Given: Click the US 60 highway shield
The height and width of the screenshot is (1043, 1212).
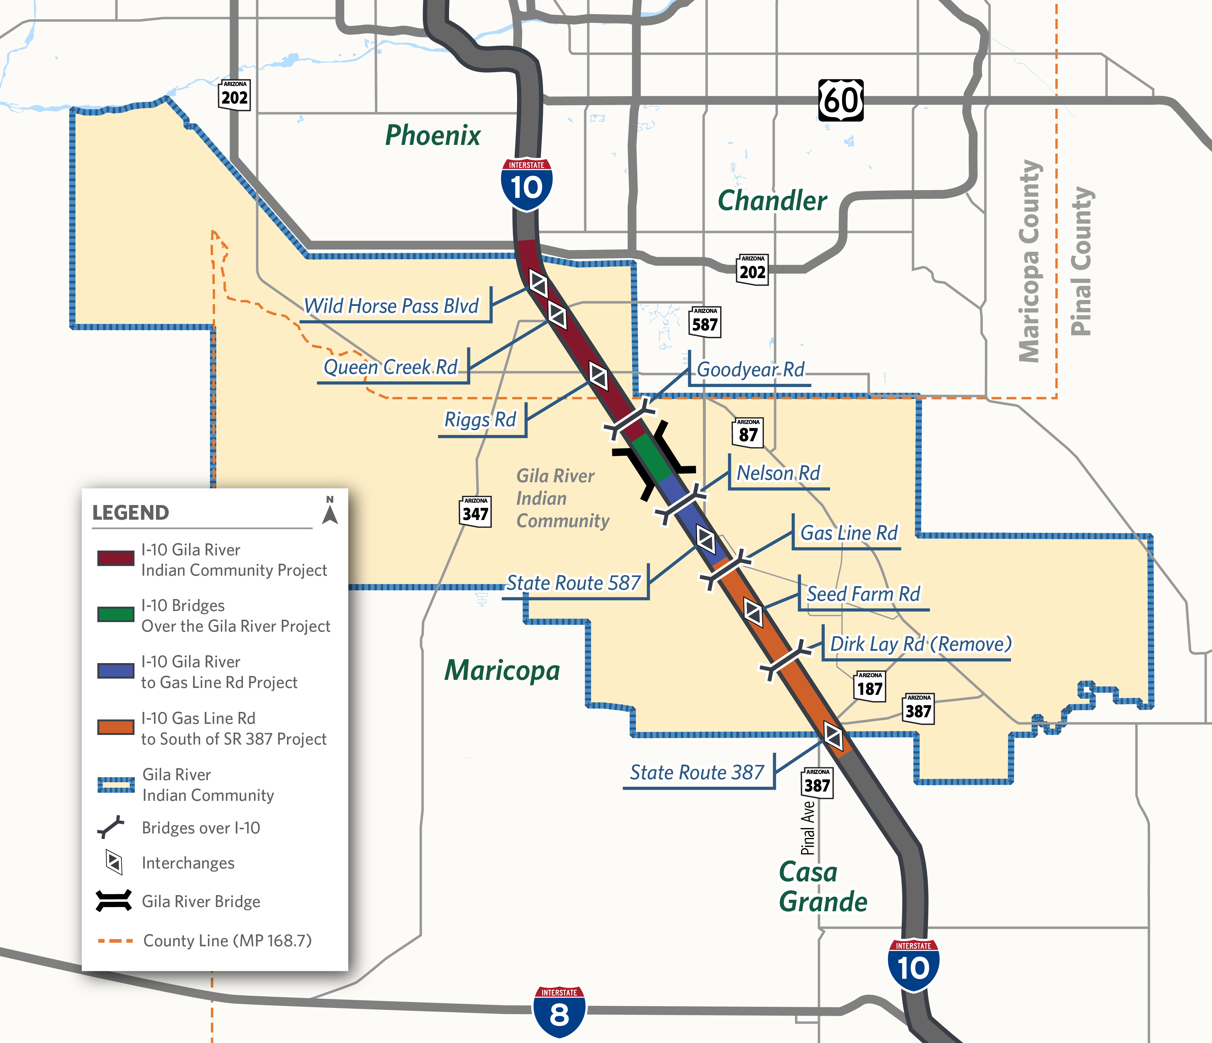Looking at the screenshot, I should (x=841, y=101).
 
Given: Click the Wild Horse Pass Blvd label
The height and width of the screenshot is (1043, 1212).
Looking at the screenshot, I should (x=391, y=306).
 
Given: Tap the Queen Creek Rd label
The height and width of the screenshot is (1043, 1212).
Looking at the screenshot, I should (x=391, y=367).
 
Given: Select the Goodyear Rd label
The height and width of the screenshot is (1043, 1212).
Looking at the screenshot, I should (x=750, y=369).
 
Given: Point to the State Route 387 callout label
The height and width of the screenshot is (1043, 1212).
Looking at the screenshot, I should (x=697, y=772).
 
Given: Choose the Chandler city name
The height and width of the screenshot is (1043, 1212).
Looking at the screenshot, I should (x=772, y=201).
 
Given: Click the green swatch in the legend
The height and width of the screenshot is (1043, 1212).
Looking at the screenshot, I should (x=116, y=615).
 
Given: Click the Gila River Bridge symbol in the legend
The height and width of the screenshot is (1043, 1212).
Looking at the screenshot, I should (x=114, y=901).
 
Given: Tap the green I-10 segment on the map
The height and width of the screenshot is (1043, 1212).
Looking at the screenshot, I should (x=650, y=457).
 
